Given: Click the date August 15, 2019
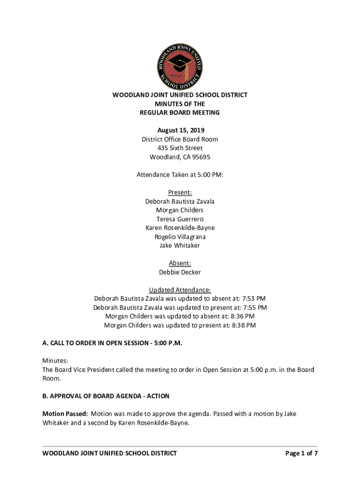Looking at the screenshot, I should coord(180,131).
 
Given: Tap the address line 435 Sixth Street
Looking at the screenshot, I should coord(180,148).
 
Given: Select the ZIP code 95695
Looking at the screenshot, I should coord(200,157).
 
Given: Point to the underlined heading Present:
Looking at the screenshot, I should coord(180,193).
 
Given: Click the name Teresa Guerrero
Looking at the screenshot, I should coord(180,219).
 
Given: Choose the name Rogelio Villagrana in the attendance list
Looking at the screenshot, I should coord(180,237).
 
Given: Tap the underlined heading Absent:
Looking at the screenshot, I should coord(180,263).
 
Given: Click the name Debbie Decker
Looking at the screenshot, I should coord(180,272).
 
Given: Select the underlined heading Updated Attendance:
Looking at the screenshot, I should coord(180,290).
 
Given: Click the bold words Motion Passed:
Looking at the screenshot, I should coord(65,414).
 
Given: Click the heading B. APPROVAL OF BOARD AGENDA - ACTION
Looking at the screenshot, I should coord(106,396).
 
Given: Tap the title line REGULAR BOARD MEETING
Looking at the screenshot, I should coord(180,113).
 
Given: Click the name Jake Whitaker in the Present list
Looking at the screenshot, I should coord(180,246).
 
